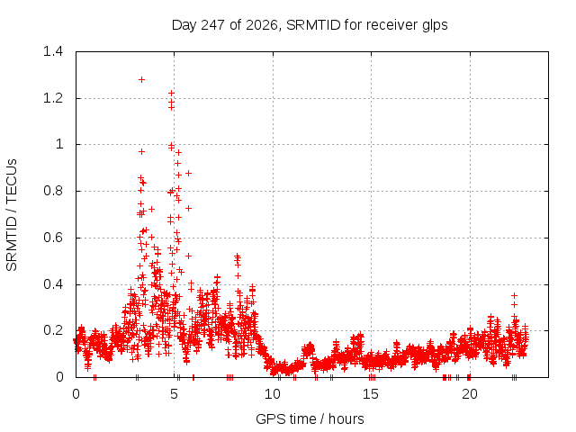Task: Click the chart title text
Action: (310, 25)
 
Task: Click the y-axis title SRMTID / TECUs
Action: (12, 215)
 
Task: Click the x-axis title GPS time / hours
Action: (310, 418)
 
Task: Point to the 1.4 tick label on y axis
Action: (53, 51)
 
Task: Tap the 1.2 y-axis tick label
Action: (53, 98)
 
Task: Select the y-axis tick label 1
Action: (59, 144)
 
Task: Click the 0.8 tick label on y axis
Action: (53, 191)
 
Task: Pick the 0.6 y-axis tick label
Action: (53, 238)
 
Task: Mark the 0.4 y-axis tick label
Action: (53, 284)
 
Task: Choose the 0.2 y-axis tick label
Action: (53, 330)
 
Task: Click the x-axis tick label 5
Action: (174, 394)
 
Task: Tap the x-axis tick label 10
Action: (273, 394)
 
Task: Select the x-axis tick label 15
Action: (371, 394)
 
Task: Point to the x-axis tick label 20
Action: (470, 394)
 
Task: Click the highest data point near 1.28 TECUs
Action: (141, 80)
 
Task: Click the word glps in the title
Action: (435, 26)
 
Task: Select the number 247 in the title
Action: (213, 25)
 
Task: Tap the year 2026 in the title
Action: (262, 25)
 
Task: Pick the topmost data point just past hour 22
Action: (514, 295)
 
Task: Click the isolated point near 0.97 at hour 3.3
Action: (141, 151)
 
